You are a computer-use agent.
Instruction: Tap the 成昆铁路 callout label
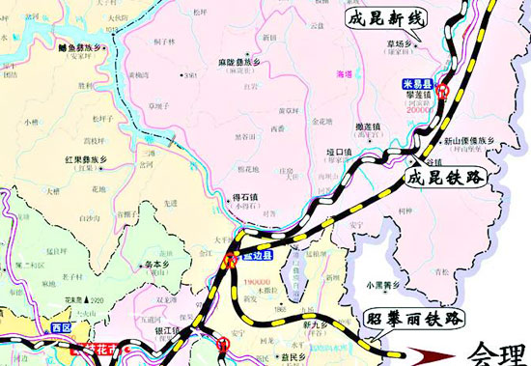443,178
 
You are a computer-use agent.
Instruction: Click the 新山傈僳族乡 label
471,143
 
